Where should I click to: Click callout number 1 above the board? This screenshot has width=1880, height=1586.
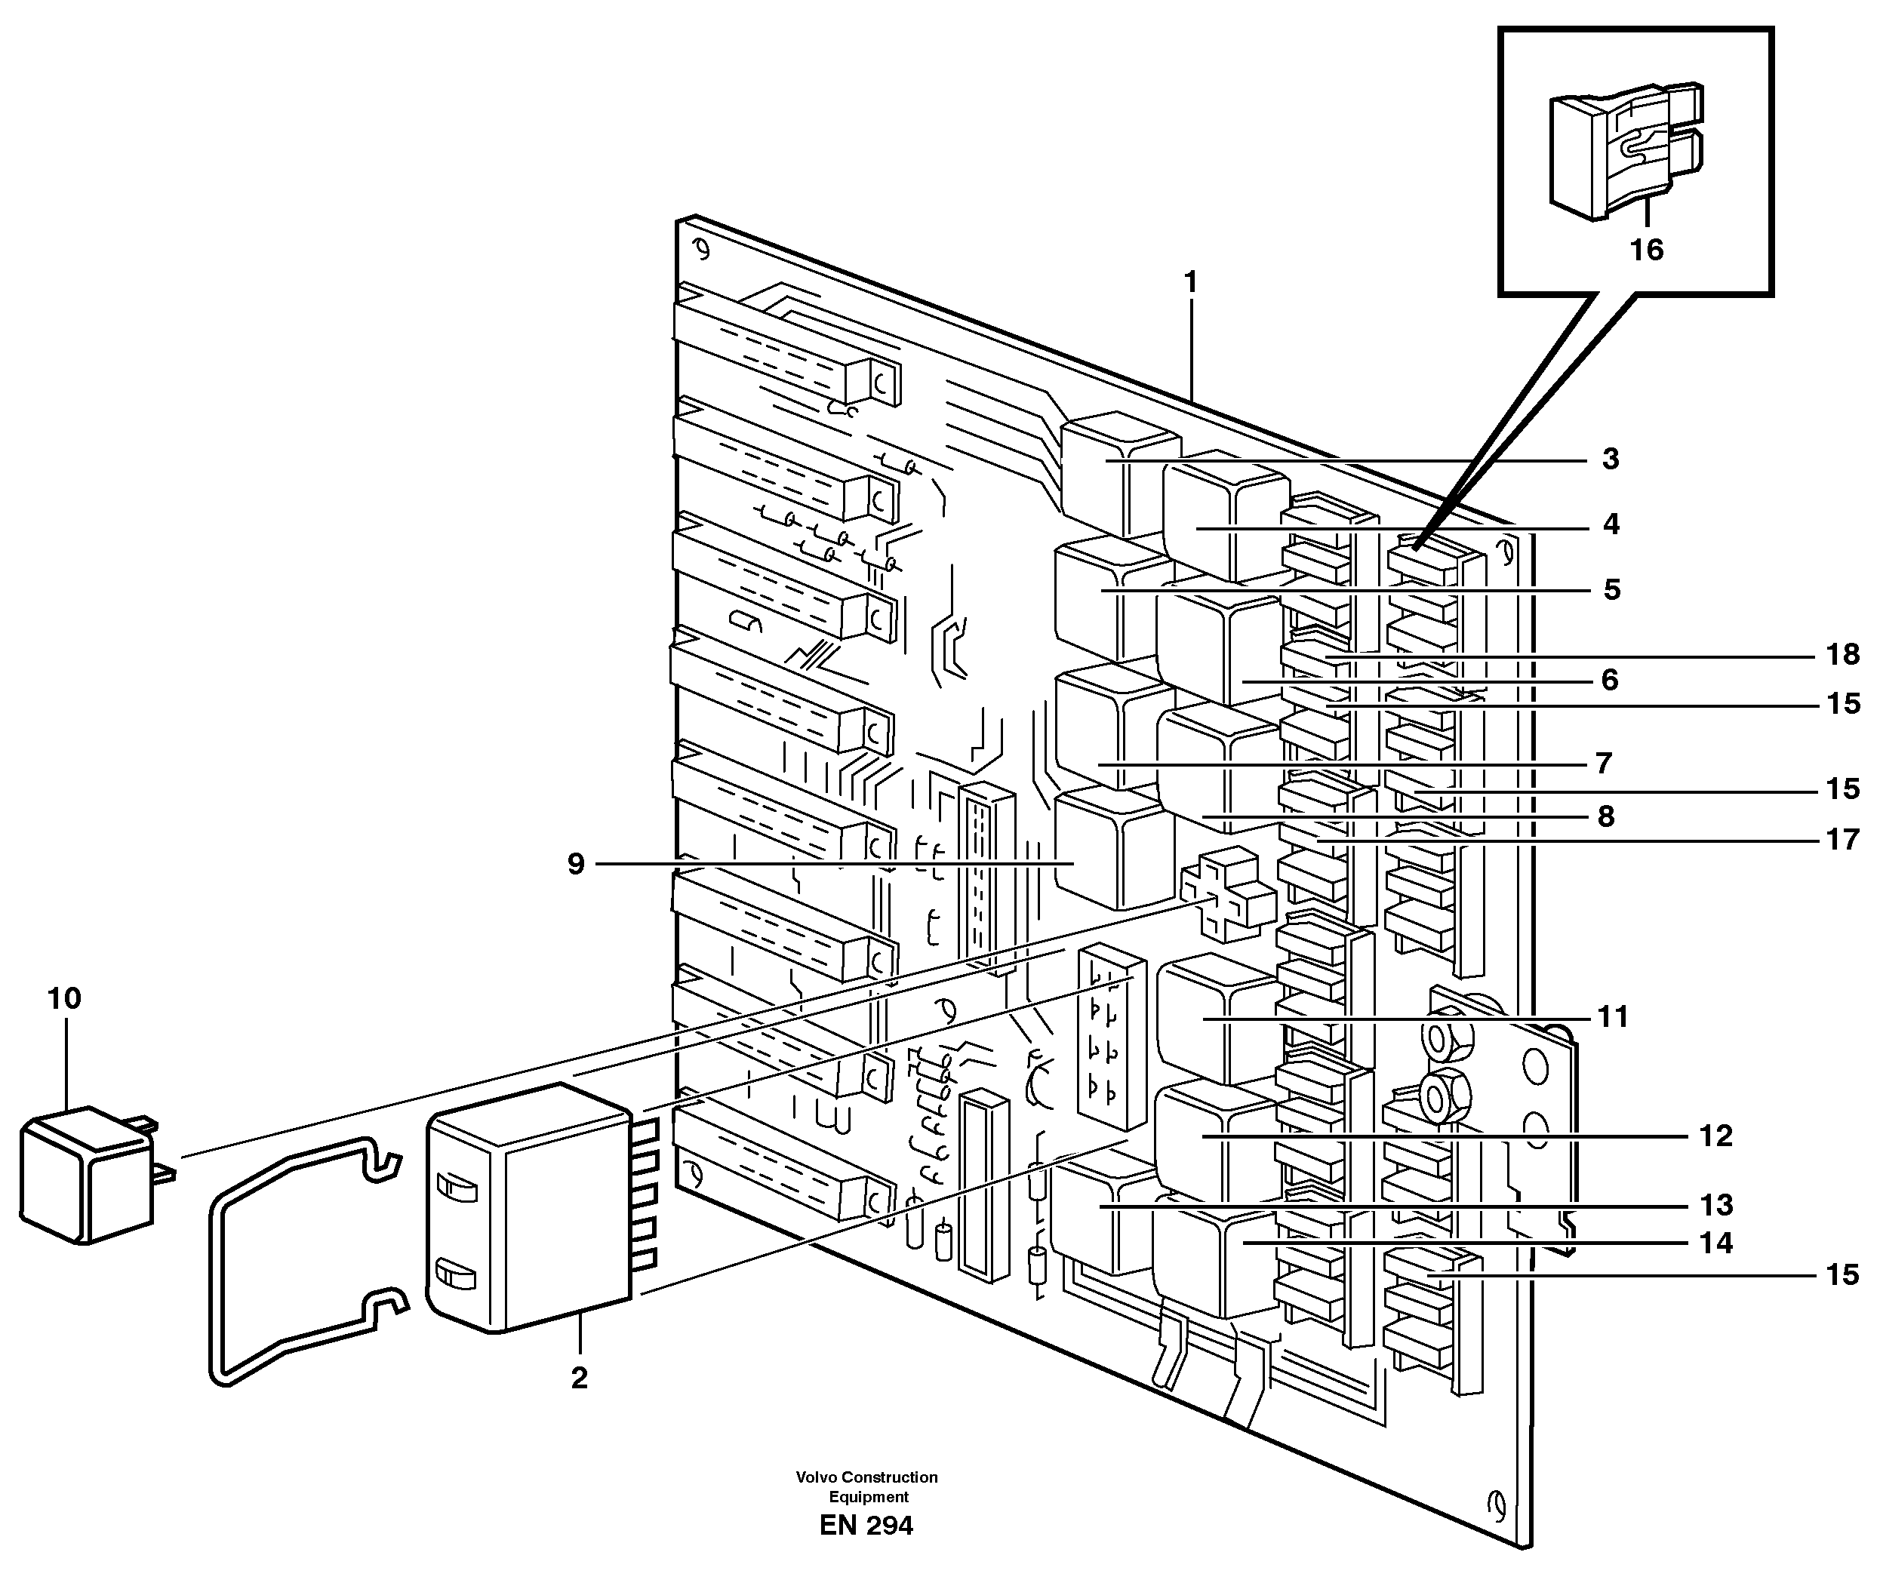click(1190, 283)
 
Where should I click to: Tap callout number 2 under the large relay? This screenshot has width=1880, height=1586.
click(579, 1378)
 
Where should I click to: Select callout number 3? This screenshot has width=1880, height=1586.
click(1611, 459)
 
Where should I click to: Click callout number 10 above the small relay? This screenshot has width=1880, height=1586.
click(64, 998)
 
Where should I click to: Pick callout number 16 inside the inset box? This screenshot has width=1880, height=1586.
click(1646, 250)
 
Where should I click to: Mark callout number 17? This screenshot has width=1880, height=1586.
click(1842, 839)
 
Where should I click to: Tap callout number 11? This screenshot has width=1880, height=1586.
click(1613, 1017)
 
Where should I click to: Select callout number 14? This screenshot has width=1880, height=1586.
click(1715, 1243)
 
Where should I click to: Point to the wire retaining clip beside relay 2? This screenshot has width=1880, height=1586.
click(297, 1259)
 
